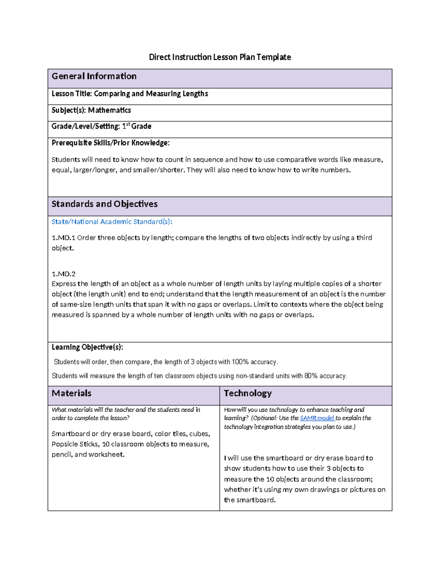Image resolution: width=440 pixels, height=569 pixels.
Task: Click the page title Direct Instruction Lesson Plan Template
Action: click(220, 57)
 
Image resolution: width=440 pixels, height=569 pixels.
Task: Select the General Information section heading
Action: click(94, 76)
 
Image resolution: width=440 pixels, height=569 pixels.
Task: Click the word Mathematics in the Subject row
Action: click(109, 110)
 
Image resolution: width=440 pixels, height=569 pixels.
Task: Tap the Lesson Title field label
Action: click(72, 94)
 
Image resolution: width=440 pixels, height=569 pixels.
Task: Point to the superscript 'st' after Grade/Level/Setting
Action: click(128, 125)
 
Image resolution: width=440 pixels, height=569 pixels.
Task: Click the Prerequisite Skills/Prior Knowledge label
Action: click(110, 143)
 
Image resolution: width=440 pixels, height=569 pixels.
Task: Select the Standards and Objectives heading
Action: click(104, 204)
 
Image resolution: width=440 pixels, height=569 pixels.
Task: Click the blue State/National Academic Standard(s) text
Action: click(112, 222)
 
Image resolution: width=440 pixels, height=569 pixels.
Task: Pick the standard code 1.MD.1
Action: click(63, 238)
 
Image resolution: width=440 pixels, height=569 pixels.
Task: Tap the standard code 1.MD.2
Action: click(63, 274)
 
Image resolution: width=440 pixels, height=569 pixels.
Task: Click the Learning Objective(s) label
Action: click(87, 347)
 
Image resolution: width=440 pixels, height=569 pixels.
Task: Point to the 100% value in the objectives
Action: click(240, 362)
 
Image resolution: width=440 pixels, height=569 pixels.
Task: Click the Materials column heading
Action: click(71, 393)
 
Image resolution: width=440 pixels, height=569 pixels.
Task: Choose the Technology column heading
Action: click(247, 393)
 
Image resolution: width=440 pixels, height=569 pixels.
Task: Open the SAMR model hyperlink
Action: click(317, 418)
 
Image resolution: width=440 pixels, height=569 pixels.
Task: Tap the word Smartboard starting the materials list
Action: click(70, 434)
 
